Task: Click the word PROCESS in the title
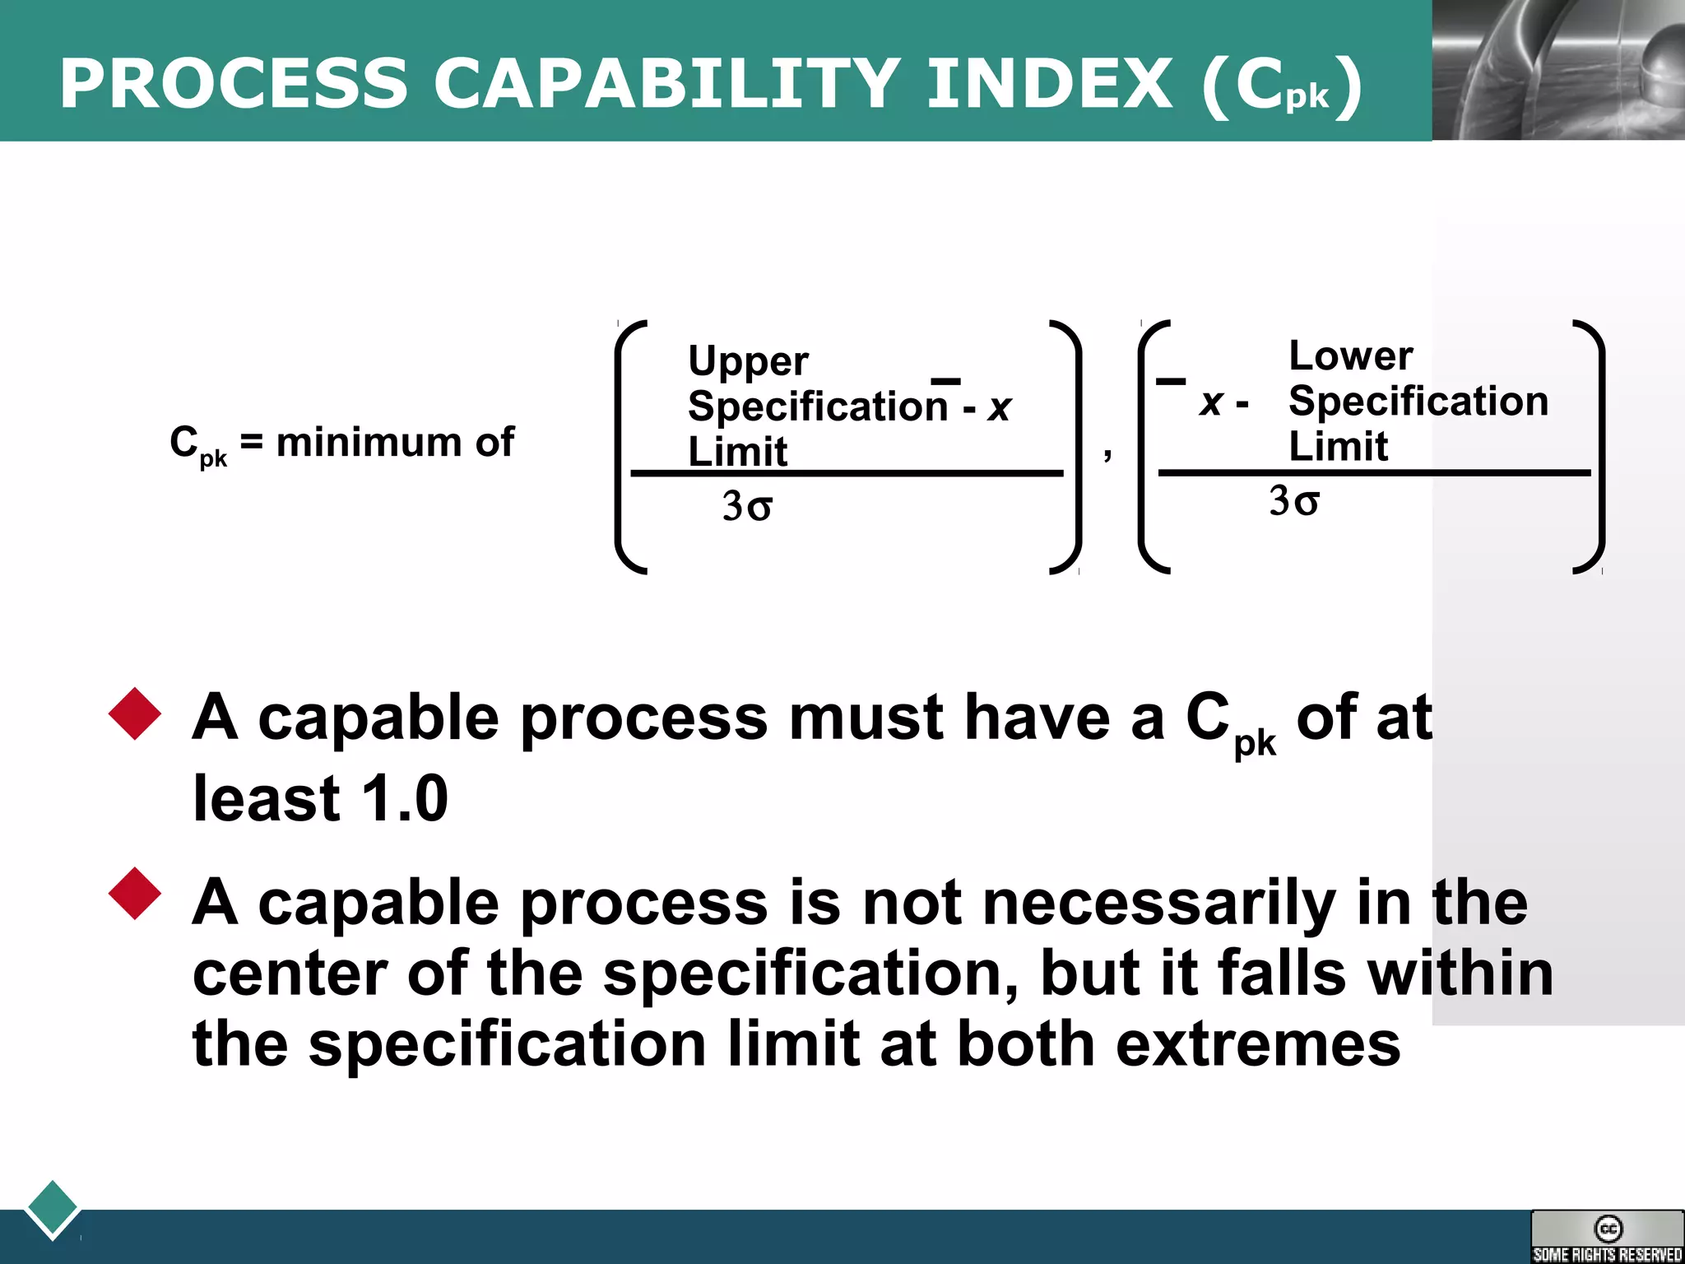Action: coord(234,83)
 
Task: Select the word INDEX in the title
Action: coord(1050,83)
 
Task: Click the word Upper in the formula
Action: coord(748,361)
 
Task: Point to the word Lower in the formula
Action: coord(1350,356)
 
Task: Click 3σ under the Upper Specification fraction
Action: coord(747,506)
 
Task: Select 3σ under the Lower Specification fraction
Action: coord(1294,501)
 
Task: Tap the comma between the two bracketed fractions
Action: coord(1108,453)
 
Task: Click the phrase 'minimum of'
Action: coord(395,443)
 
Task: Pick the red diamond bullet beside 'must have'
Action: coord(135,713)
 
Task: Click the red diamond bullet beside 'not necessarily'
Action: coord(135,893)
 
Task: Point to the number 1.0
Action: coord(404,798)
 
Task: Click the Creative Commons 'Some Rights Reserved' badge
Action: coord(1607,1236)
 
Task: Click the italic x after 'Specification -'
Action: coord(999,407)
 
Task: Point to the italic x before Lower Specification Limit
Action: coord(1210,402)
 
